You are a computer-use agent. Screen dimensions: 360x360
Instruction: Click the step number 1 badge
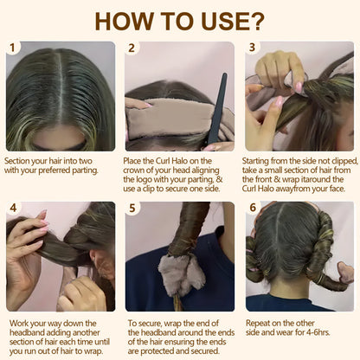tap(14, 48)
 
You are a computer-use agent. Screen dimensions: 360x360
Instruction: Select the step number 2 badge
tap(132, 48)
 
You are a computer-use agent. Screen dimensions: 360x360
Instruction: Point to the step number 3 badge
tap(253, 48)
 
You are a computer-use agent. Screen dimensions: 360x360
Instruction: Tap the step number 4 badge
tap(14, 209)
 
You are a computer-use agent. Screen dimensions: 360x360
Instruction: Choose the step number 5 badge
tap(132, 209)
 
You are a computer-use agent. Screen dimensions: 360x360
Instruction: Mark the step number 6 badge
tap(253, 209)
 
